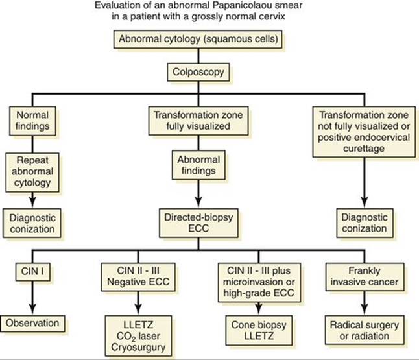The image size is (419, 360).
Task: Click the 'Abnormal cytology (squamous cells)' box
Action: [198, 40]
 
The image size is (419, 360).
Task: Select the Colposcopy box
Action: [198, 72]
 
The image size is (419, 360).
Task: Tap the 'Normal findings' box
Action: [32, 121]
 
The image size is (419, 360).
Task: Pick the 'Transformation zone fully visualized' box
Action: [198, 121]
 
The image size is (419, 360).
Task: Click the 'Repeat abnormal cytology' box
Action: [32, 172]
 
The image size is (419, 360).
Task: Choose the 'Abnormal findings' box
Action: [198, 165]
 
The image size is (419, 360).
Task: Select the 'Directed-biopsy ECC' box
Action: [198, 223]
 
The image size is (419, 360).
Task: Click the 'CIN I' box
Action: [32, 272]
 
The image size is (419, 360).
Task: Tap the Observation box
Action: [32, 324]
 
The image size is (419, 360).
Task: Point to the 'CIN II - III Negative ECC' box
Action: [138, 276]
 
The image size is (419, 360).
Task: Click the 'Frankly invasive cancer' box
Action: [365, 276]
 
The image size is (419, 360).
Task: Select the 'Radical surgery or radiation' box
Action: [365, 330]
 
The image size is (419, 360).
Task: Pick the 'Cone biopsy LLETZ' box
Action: [259, 330]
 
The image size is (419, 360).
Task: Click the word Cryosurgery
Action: [138, 348]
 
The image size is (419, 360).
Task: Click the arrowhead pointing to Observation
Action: [32, 309]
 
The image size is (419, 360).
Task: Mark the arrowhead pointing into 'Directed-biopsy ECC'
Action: [198, 202]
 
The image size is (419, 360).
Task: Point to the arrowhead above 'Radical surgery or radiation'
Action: [365, 309]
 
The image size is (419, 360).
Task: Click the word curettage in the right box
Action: [364, 149]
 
